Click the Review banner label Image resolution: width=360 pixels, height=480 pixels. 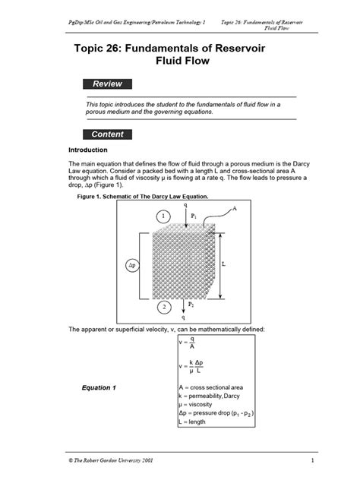(x=109, y=84)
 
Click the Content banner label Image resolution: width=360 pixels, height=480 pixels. (x=109, y=134)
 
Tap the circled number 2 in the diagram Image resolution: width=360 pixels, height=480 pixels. (x=164, y=308)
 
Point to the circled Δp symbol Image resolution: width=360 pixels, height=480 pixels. (x=131, y=265)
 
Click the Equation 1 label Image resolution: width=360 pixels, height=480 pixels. (x=99, y=388)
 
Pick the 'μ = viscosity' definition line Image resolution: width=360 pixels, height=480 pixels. (x=198, y=406)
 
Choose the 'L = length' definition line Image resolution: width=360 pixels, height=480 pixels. (x=196, y=424)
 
